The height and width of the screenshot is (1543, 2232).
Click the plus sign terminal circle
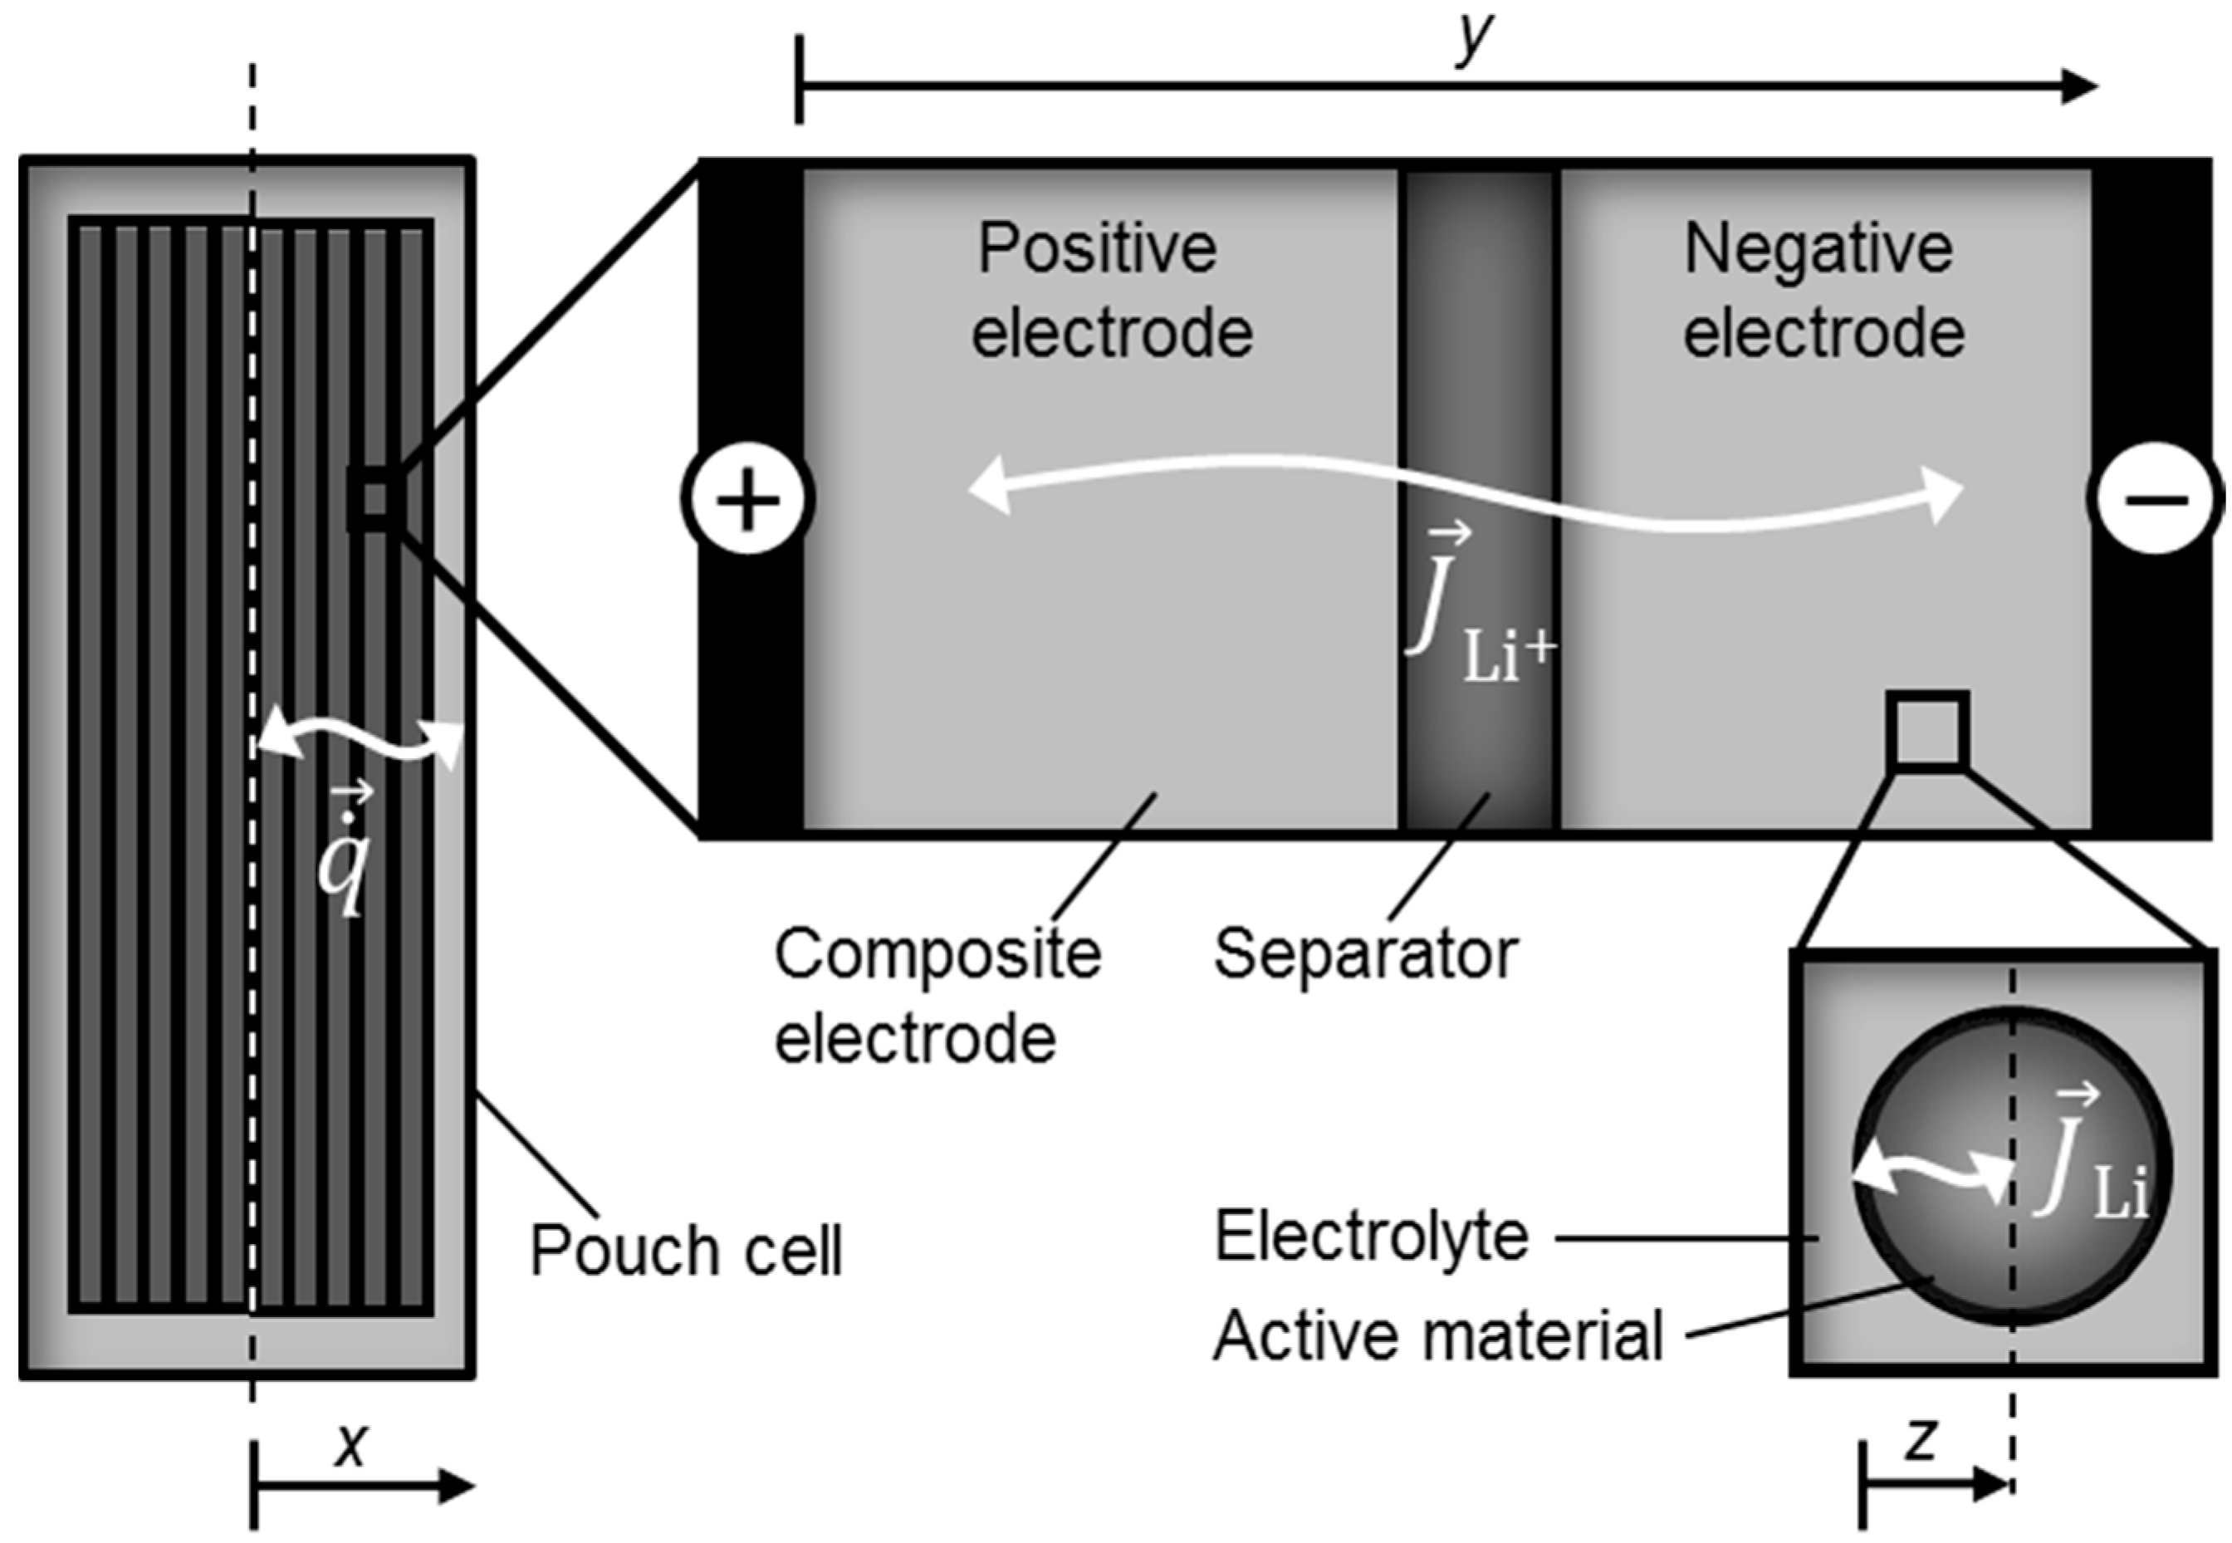coord(747,500)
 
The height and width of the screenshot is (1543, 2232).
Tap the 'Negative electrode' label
coord(1823,290)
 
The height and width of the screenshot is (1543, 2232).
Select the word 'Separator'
coord(1366,955)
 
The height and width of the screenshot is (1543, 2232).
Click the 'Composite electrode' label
coord(936,996)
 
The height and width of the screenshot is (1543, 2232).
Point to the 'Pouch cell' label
coord(687,1250)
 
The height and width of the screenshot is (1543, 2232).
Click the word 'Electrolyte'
coord(1372,1237)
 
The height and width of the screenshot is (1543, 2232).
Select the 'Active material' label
coord(1437,1336)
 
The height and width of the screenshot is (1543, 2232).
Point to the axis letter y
coord(1473,39)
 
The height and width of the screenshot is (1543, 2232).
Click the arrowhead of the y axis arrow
coord(2078,87)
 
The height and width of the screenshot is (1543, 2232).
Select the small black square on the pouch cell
coord(375,500)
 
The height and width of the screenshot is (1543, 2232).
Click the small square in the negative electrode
coord(1927,731)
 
